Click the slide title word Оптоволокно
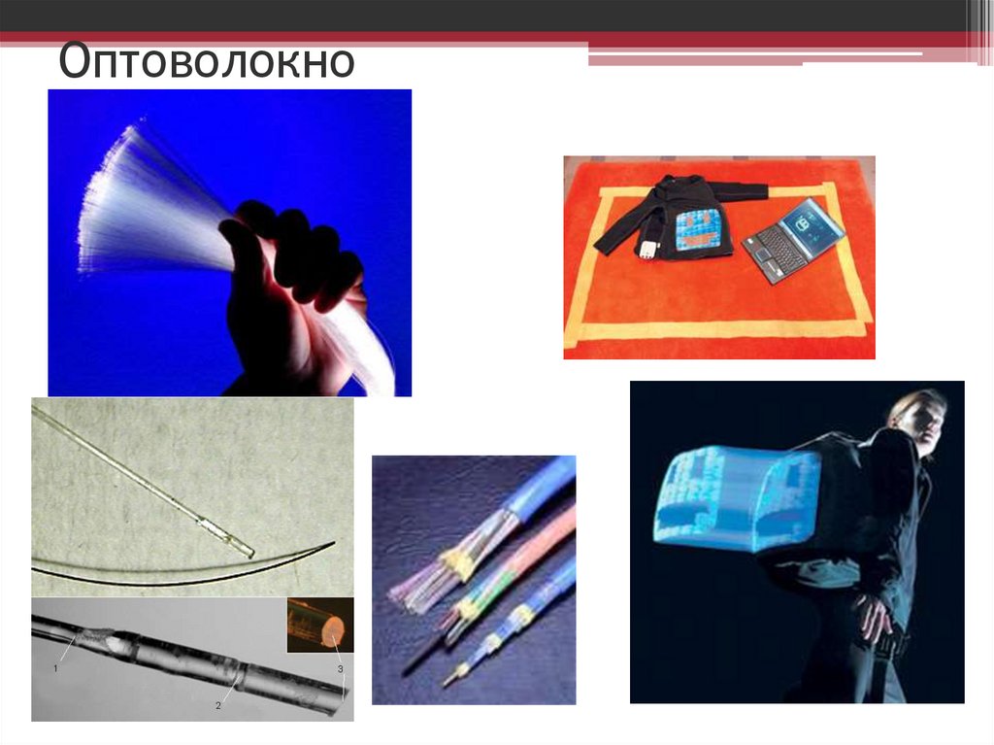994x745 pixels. [x=206, y=61]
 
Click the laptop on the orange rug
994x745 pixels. [x=794, y=240]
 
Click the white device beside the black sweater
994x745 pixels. [x=647, y=250]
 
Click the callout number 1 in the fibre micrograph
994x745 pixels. [x=55, y=668]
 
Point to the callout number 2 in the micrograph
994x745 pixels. [x=218, y=705]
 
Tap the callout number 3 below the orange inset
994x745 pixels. [x=341, y=669]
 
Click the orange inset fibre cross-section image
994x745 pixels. [x=320, y=626]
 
